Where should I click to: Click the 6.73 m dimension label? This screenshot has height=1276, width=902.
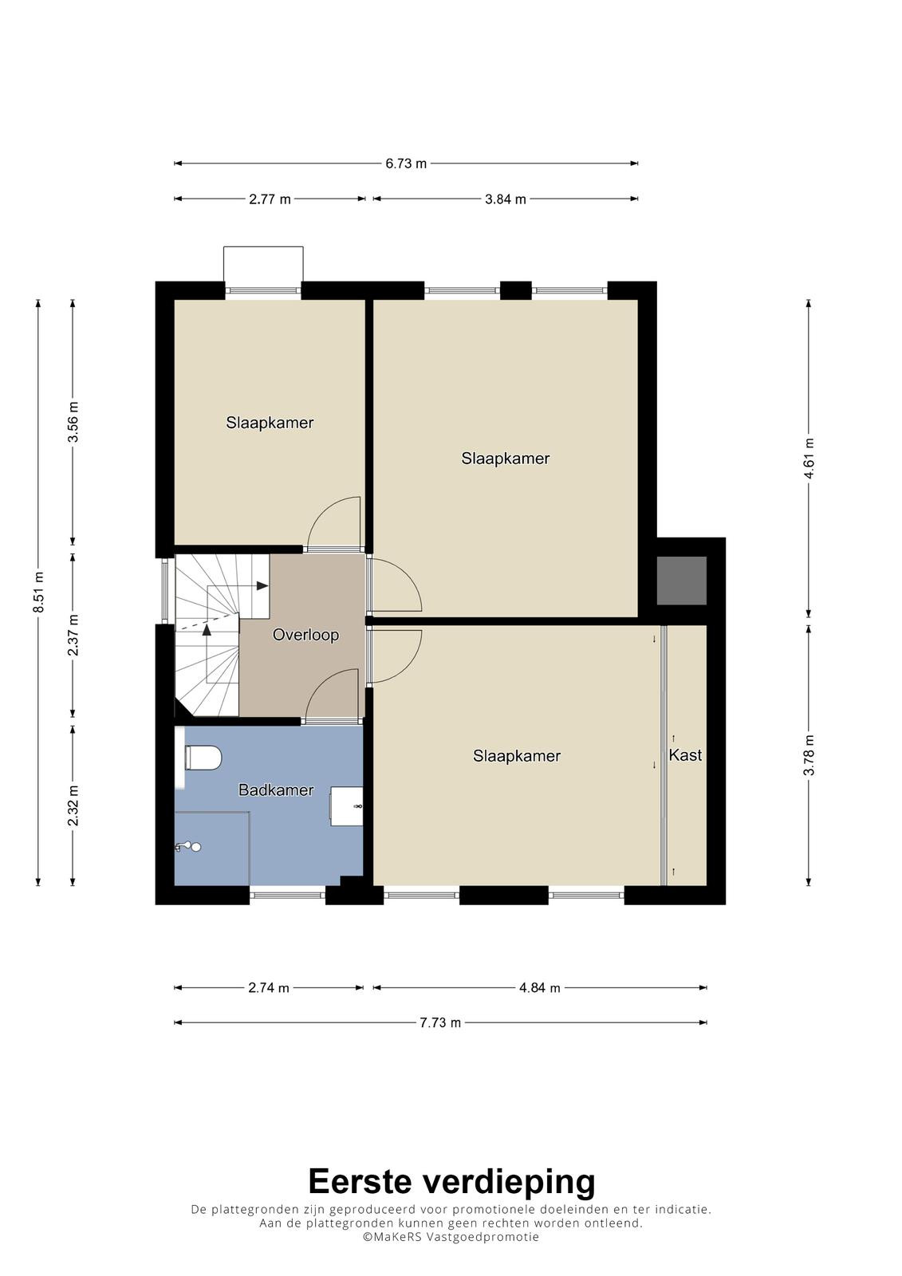point(406,163)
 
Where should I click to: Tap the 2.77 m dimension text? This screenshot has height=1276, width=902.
point(270,199)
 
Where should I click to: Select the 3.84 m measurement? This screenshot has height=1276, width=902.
point(506,199)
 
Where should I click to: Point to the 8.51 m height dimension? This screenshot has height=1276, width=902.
point(38,592)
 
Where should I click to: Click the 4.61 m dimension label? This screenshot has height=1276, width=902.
point(809,459)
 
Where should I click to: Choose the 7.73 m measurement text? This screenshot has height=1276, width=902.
point(440,1022)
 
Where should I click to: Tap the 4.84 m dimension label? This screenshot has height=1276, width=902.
point(540,988)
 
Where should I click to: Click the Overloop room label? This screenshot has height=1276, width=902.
point(305,635)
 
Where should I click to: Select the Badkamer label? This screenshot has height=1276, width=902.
point(276,790)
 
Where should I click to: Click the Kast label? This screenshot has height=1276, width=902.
point(685,755)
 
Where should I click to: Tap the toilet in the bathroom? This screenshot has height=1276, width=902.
point(203,758)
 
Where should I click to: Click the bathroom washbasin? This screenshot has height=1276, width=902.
point(346,806)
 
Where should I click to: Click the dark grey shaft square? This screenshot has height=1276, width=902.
point(682,581)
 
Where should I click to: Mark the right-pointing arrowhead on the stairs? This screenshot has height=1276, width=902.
point(262,585)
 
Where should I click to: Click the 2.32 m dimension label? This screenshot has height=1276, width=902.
point(73,805)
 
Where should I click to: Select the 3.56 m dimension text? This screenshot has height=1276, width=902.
point(73,422)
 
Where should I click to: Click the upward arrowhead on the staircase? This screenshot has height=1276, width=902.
point(207,629)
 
